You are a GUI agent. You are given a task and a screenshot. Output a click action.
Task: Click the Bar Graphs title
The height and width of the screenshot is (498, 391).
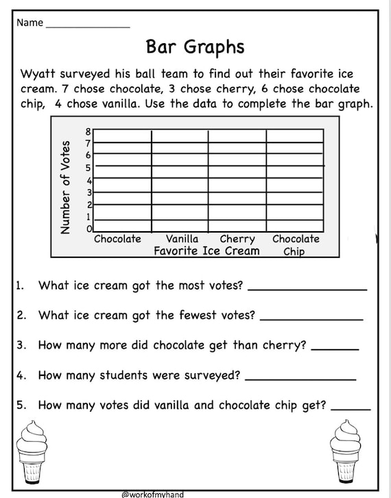pos(195,46)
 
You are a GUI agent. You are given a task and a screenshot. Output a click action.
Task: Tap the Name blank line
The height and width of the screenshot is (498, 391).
pos(87,26)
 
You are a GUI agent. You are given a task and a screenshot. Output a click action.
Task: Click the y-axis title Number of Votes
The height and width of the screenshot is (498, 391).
pos(66,187)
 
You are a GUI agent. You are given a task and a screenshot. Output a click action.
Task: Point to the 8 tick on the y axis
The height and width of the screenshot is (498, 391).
pos(88,131)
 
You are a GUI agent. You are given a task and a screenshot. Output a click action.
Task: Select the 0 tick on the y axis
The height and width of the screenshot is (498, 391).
pos(88,228)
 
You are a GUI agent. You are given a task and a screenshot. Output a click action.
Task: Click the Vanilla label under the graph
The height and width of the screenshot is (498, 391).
pos(182,239)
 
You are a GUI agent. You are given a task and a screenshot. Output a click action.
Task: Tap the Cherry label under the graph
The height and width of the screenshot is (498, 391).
pos(237,239)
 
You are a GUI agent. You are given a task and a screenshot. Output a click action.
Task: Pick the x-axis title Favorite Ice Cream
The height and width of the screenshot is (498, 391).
pos(206,251)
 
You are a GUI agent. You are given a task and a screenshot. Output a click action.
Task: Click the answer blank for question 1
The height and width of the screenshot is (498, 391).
pos(307,289)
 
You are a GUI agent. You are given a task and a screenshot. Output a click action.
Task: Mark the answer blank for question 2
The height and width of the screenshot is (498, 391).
pos(311,318)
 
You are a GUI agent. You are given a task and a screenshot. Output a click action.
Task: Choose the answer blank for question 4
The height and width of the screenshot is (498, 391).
pos(300,378)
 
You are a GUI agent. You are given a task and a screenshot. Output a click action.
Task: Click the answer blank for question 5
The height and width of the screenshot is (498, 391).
pos(355,408)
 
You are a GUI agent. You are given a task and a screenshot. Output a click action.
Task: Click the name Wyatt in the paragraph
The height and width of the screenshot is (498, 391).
pos(39,73)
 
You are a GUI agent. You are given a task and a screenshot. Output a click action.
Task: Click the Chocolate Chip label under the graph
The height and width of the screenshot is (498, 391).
pos(296,245)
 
